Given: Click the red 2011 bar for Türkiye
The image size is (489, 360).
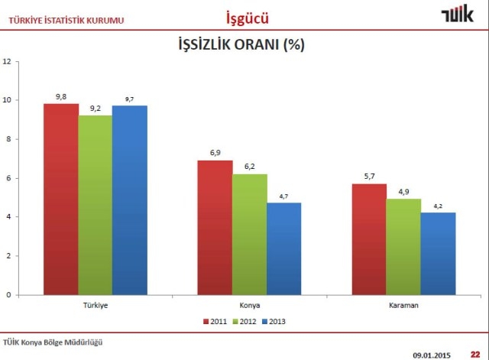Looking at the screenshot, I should [x=61, y=199].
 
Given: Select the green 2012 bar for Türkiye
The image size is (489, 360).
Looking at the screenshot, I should [x=95, y=205].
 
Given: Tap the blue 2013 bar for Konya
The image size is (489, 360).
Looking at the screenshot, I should [x=283, y=248].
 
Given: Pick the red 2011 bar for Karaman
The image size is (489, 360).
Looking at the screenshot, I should [x=370, y=238].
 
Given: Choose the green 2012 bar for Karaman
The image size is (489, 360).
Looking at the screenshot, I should [x=403, y=246].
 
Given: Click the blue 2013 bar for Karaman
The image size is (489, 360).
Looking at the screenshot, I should [x=438, y=253].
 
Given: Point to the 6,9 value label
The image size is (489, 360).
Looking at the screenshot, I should [x=215, y=153].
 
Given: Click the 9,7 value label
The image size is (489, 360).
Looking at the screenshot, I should [x=129, y=99].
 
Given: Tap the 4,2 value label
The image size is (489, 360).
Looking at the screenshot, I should [x=439, y=206].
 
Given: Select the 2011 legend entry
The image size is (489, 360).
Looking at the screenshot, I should [x=215, y=322].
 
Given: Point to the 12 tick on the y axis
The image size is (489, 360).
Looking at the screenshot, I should [x=7, y=61].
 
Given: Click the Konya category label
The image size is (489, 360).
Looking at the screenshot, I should [x=250, y=305].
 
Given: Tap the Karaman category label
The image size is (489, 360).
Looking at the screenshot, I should [x=404, y=305].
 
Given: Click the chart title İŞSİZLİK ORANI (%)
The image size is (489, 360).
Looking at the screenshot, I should [x=241, y=44].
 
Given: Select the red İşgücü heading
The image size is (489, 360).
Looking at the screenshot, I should [x=248, y=16].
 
